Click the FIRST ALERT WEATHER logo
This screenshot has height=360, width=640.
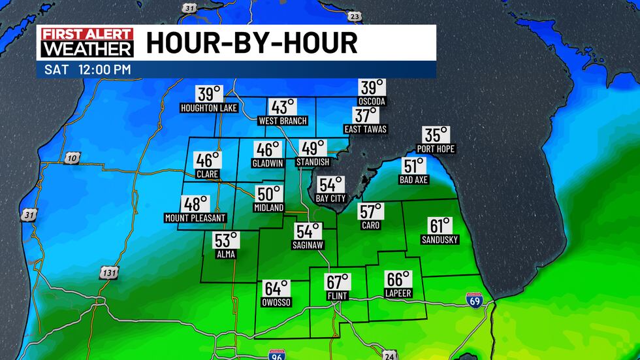(x=87, y=42)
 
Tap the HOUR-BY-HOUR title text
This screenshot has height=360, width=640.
(x=251, y=43)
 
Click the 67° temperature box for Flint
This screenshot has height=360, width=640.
(x=338, y=282)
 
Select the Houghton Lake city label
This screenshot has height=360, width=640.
(x=208, y=108)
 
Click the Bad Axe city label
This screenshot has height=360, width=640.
(x=414, y=180)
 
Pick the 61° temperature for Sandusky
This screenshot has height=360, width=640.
(x=440, y=226)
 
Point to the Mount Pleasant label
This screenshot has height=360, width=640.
(x=195, y=218)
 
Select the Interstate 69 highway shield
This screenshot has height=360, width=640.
(x=475, y=300)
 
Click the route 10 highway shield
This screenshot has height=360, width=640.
(x=71, y=159)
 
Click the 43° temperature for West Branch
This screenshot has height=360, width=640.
(x=283, y=107)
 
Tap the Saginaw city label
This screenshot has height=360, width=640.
(x=309, y=245)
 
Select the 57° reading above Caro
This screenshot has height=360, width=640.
(x=370, y=211)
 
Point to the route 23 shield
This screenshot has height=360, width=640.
(x=354, y=16)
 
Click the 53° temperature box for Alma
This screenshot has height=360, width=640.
(x=227, y=240)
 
